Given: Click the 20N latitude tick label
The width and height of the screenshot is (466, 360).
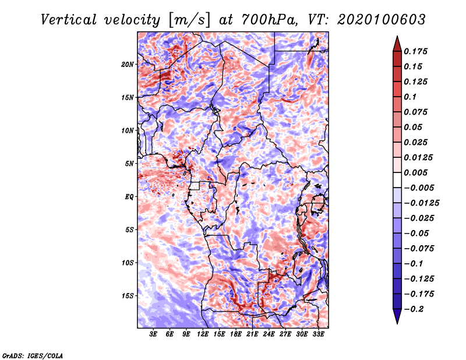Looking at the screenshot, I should coord(128,64).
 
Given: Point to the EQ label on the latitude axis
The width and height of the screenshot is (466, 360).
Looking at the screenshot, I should coord(129,196).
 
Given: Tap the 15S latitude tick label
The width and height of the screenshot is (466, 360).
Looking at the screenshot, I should coord(128,295).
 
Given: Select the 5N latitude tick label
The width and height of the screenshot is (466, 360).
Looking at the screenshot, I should coord(129,163).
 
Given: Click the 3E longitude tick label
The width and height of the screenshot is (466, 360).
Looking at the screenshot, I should coord(154,334).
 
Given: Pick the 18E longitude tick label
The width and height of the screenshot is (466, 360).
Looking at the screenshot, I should coord(236,334).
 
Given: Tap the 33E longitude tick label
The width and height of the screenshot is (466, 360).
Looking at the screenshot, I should coord(319,334).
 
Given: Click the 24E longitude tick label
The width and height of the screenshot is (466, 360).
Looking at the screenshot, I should coord(269,334).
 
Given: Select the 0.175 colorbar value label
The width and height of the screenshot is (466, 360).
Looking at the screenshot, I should coord(416,51).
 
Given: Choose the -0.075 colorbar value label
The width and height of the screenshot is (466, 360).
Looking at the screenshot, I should coord(419,248).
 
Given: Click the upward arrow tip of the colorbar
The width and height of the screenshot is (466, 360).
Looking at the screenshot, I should coord(396,38).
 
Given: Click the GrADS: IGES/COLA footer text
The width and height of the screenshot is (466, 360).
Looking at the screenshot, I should coord(33,355).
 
